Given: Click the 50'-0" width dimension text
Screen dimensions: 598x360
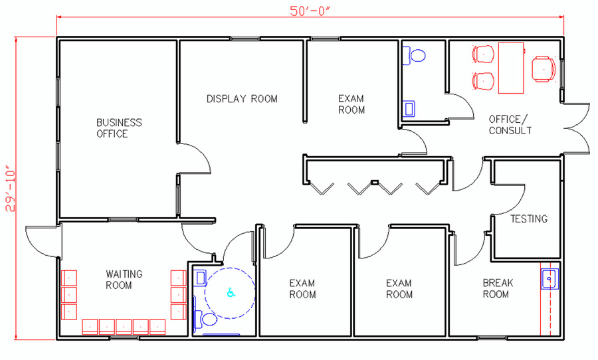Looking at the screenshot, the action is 309,11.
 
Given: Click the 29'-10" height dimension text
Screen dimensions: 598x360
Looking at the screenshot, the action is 10,189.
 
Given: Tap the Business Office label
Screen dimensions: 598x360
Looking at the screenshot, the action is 119,128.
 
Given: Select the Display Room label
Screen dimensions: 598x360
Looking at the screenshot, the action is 242,99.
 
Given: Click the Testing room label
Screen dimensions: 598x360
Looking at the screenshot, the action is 529,219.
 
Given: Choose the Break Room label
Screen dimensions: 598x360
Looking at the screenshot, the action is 498,288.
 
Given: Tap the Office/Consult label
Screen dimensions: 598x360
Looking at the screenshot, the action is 510,125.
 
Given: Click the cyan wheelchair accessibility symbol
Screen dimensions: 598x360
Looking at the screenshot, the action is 231,293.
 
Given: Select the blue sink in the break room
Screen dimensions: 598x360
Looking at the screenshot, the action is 549,279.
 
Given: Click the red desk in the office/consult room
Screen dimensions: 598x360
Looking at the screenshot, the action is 511,68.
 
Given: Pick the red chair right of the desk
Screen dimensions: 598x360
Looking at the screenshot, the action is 544,69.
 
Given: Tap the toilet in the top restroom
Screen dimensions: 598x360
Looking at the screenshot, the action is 414,56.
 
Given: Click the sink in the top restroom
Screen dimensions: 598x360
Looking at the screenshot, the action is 409,109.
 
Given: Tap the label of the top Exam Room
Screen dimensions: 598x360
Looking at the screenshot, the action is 351,104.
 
